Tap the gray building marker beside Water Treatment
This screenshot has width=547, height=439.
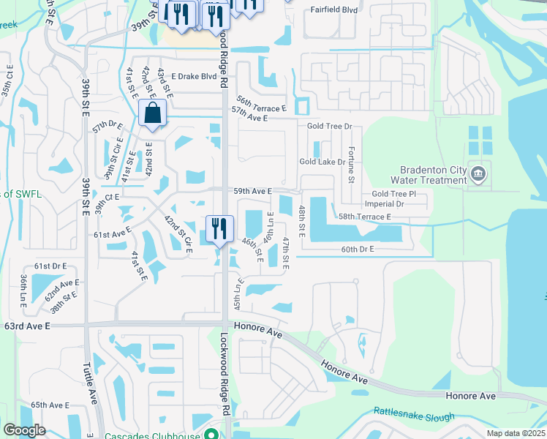(478, 174)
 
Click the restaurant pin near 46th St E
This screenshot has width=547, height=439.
(219, 229)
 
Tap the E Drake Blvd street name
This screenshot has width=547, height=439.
(194, 76)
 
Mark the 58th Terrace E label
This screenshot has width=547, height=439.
(364, 217)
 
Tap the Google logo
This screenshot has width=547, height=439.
(24, 430)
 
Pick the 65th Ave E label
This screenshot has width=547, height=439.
(50, 405)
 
